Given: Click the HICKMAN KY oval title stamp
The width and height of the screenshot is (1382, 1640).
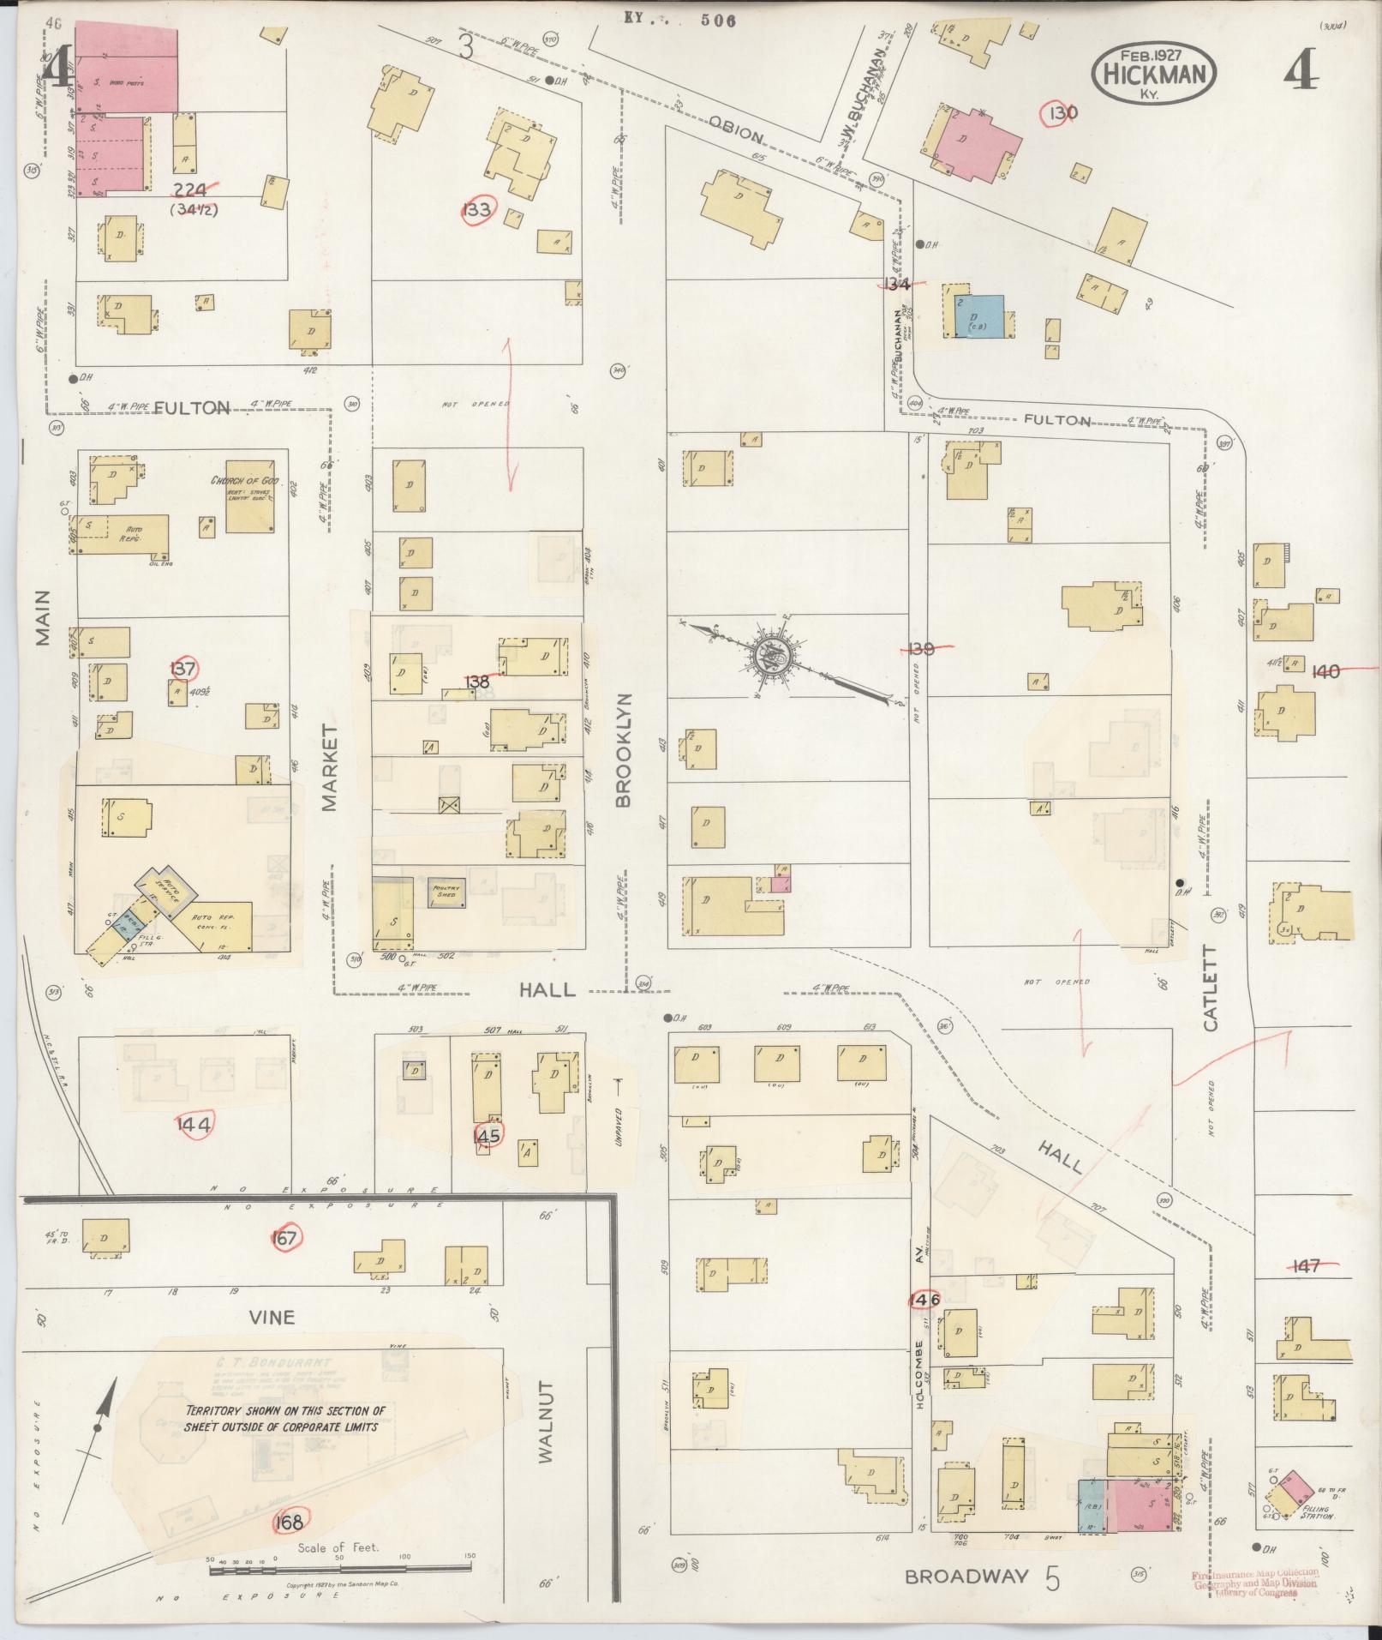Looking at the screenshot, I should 1153,74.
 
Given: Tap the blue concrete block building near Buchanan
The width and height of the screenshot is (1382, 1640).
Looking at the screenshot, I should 978,316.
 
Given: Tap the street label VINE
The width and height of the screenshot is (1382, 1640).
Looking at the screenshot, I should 272,1316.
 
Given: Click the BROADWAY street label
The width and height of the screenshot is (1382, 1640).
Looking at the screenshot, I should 966,1577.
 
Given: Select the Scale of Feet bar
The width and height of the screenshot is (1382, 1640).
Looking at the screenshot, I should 340,1567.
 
